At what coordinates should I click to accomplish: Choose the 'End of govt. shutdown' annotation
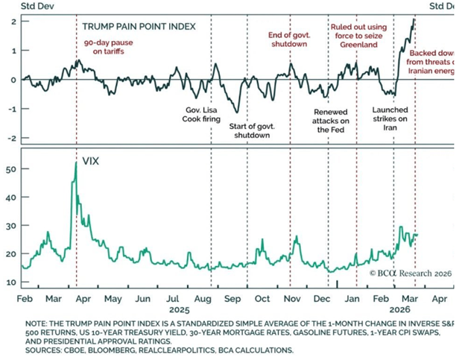coord(288,39)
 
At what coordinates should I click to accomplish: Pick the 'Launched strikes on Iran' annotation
coord(390,119)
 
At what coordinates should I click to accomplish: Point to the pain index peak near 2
coord(414,19)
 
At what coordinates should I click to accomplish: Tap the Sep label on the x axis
coord(231,298)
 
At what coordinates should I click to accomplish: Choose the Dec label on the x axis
coord(323,298)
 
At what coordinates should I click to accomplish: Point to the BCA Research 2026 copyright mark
coord(411,273)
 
